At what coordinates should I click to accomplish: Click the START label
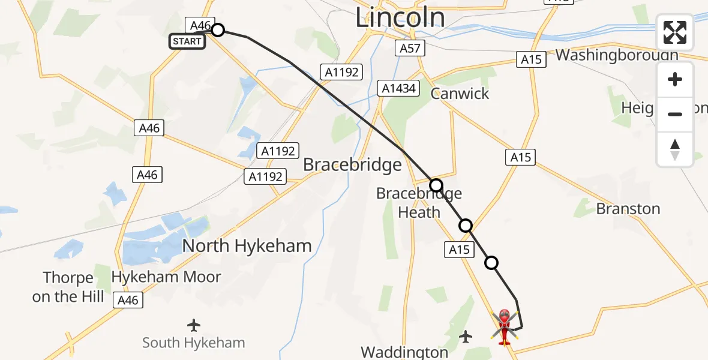[x=187, y=41]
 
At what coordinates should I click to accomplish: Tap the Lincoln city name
[x=400, y=17]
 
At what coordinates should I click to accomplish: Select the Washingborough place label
[x=617, y=55]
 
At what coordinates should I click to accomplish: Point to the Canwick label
[x=460, y=94]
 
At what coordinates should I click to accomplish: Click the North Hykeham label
[x=247, y=245]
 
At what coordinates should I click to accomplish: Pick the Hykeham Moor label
[x=166, y=277]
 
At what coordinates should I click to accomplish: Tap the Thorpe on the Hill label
[x=68, y=287]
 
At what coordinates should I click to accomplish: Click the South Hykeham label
[x=193, y=343]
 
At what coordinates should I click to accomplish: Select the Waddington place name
[x=404, y=352]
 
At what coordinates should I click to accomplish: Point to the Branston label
[x=628, y=209]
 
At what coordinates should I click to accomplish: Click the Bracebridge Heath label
[x=419, y=203]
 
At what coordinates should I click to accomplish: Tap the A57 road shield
[x=410, y=49]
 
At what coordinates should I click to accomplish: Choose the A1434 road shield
[x=397, y=89]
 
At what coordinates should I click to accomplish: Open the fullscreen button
[x=675, y=32]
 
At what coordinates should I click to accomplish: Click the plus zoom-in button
[x=675, y=79]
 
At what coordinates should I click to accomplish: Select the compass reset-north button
[x=675, y=149]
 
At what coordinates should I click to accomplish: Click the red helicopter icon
[x=504, y=326]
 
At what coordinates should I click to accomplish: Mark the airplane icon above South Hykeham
[x=193, y=325]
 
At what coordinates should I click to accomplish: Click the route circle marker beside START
[x=218, y=30]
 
